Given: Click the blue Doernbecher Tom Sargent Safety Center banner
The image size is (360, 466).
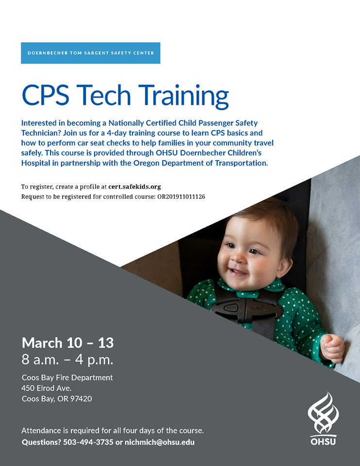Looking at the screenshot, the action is pos(91,53).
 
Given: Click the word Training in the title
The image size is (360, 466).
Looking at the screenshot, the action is pos(183,96).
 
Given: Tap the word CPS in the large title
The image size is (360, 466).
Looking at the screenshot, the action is pos(46,95).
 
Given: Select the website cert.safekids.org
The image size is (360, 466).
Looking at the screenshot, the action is pos(134,186).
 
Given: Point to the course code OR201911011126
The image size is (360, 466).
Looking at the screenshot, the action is pos(181,197).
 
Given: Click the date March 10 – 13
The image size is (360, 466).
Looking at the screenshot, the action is pos(68,343).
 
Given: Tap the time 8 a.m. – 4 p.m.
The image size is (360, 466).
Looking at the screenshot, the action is pos(67,360).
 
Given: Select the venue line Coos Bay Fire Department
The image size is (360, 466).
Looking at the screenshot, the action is pos(67,378).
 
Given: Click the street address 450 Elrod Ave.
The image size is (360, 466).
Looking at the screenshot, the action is pos(47,388).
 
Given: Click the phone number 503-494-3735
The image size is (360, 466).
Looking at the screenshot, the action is pos(88,442).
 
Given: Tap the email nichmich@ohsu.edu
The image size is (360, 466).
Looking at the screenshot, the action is pos(160,442).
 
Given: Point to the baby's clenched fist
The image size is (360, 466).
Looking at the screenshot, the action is pos(332,348).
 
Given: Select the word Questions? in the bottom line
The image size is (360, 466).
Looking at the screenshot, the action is pos(41,442).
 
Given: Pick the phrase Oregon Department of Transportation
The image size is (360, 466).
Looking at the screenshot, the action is pos(200,163).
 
